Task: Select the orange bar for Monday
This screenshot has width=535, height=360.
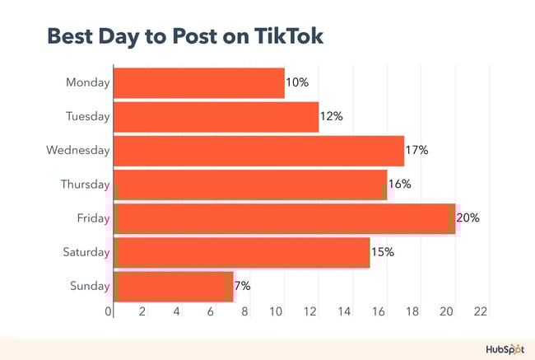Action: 198,83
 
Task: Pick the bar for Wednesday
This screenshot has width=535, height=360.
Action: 258,151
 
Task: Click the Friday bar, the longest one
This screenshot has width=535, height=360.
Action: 284,218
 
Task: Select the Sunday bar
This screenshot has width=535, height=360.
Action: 173,286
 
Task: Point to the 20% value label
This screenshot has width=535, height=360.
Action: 468,218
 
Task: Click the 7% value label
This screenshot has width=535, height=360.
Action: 243,286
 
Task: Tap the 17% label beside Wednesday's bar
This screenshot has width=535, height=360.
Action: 417,151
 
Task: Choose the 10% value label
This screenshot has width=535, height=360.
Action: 297,83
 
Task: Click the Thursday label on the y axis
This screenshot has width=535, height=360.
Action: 85,185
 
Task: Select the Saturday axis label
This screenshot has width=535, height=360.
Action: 86,252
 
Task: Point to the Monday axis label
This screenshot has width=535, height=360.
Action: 88,83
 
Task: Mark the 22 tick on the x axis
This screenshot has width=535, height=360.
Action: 481,311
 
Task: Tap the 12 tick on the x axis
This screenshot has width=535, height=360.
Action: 312,311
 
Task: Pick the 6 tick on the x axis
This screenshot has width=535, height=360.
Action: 211,311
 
